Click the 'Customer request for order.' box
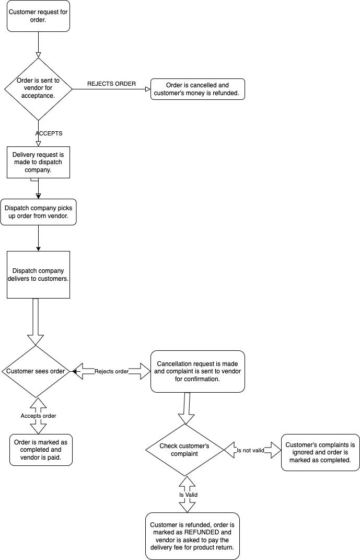[x=38, y=16]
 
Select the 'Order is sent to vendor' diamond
[x=38, y=88]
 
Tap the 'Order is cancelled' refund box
[x=198, y=89]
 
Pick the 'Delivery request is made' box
[x=38, y=162]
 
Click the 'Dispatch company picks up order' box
[x=38, y=212]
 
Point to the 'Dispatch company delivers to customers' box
[x=38, y=275]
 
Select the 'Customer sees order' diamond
[x=35, y=371]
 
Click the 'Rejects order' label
[x=111, y=371]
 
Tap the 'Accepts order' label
[x=38, y=416]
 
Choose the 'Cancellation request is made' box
[x=198, y=371]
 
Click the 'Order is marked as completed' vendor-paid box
[x=41, y=450]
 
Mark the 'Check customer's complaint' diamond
[x=184, y=450]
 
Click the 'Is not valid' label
[x=250, y=450]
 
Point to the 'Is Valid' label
[x=188, y=494]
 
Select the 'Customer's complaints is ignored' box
[x=320, y=452]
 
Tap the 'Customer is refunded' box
[x=192, y=536]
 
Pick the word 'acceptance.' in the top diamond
[x=38, y=96]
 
